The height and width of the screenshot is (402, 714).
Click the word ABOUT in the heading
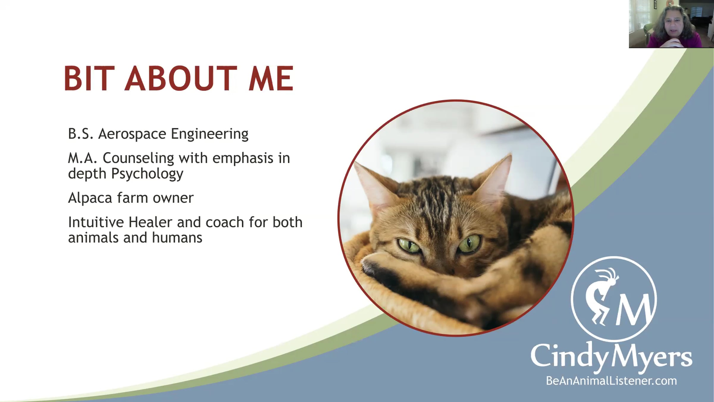click(x=181, y=78)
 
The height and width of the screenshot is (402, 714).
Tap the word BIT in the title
click(x=89, y=78)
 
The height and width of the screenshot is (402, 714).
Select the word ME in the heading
click(x=271, y=78)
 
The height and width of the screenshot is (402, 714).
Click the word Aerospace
click(x=132, y=134)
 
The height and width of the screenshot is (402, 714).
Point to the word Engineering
click(x=209, y=134)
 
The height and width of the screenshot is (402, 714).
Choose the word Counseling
click(x=138, y=158)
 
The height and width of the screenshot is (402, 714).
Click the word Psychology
click(x=147, y=174)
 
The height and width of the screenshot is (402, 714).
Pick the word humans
click(x=177, y=238)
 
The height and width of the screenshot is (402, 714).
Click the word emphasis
click(x=243, y=158)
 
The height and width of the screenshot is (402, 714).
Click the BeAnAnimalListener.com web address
click(x=611, y=381)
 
